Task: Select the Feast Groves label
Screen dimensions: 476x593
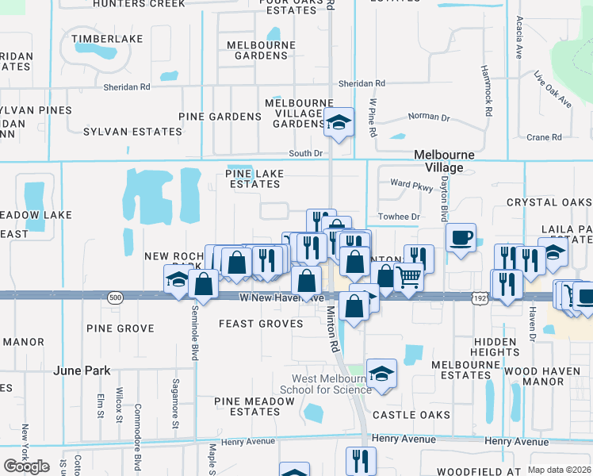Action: click(261, 324)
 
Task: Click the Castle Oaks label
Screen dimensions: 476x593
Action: click(411, 415)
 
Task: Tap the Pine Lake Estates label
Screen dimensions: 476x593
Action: click(253, 178)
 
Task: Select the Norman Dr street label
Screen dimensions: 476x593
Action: click(428, 117)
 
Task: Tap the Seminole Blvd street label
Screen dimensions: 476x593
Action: click(193, 334)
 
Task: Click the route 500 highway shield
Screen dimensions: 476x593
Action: click(116, 297)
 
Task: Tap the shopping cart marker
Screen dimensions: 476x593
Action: click(408, 278)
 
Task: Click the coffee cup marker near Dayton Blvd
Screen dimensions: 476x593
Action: click(461, 236)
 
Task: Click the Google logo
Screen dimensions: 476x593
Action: click(27, 466)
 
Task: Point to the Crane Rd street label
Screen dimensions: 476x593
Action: click(544, 137)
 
